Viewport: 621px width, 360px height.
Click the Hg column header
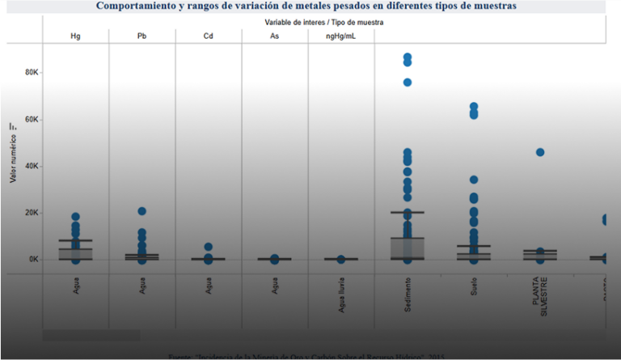click(75, 37)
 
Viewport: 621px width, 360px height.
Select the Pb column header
click(142, 37)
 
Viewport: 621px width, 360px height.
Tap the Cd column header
click(208, 37)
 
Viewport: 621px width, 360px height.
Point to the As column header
click(274, 37)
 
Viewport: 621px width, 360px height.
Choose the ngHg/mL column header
click(340, 37)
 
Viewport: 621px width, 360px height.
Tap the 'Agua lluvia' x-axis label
click(341, 295)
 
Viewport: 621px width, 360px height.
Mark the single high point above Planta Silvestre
click(540, 152)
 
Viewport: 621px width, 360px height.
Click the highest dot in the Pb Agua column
click(142, 211)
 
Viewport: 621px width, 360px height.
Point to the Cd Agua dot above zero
click(208, 247)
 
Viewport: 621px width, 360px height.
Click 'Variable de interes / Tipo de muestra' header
click(323, 23)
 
